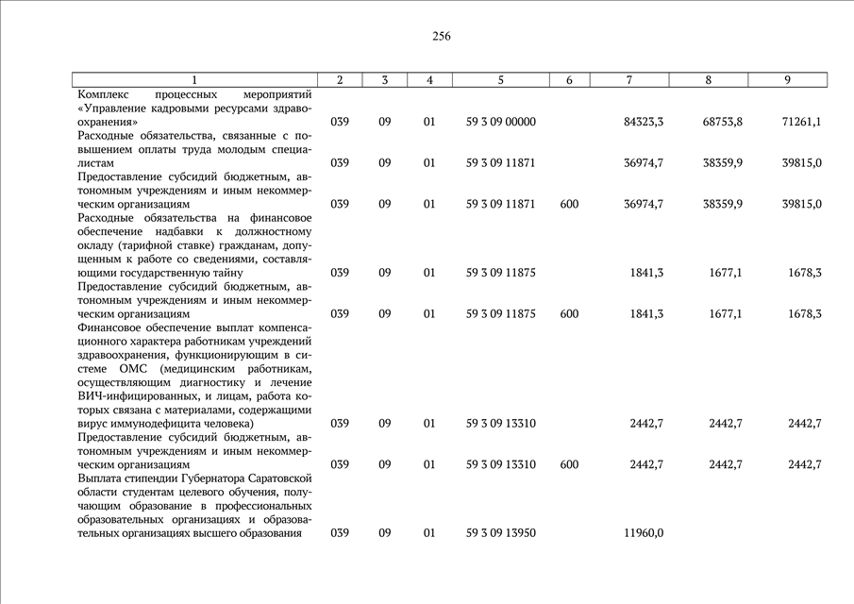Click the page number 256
pyautogui.click(x=442, y=37)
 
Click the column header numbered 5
pyautogui.click(x=501, y=80)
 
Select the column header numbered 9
pyautogui.click(x=787, y=80)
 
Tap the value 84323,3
pyautogui.click(x=644, y=122)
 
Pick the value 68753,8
pyautogui.click(x=723, y=122)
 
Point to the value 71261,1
pyautogui.click(x=802, y=122)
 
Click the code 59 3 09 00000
pyautogui.click(x=501, y=122)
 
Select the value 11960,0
pyautogui.click(x=644, y=533)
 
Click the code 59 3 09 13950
pyautogui.click(x=501, y=533)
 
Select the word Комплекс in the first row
pyautogui.click(x=104, y=95)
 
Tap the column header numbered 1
pyautogui.click(x=193, y=80)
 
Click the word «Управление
pyautogui.click(x=115, y=109)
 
